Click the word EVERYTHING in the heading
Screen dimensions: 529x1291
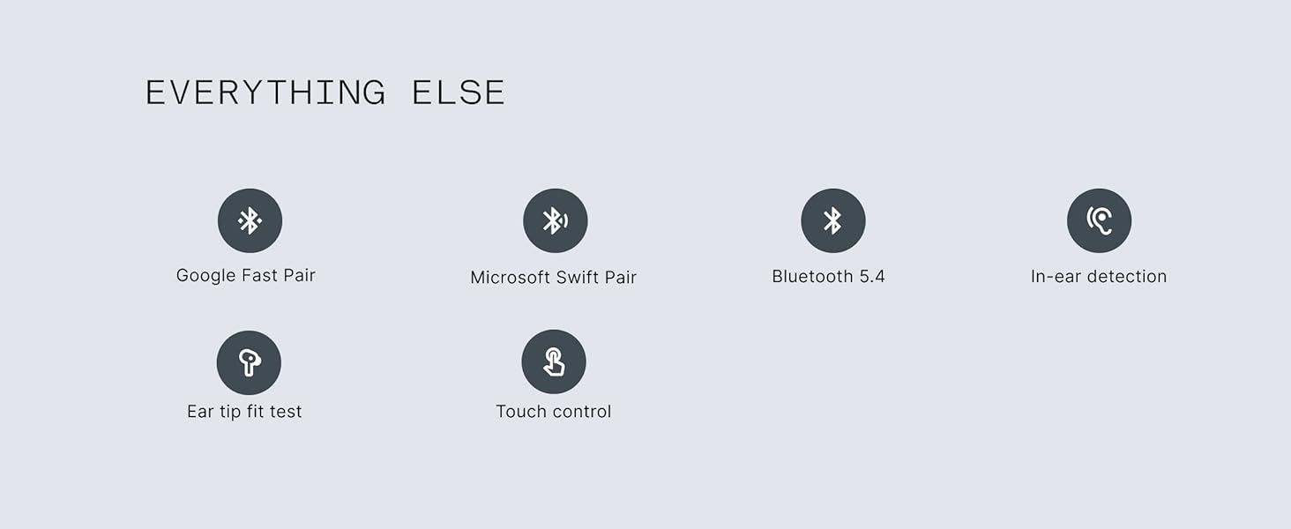(265, 93)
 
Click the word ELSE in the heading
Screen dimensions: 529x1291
(459, 93)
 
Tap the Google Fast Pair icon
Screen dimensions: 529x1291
(250, 220)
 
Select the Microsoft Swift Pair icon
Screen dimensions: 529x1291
(555, 220)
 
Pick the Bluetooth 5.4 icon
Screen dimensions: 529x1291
(832, 220)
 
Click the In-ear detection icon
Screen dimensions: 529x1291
(1099, 220)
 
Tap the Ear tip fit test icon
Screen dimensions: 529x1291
(249, 362)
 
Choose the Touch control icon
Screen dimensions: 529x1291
(554, 361)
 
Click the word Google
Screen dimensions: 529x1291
(206, 276)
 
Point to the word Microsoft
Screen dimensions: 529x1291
(510, 278)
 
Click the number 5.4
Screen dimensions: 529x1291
(871, 277)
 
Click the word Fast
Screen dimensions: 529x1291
(259, 276)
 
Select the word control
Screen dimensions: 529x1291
(581, 412)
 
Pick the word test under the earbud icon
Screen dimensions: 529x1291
(287, 412)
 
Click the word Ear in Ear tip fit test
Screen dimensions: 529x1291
(199, 412)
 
